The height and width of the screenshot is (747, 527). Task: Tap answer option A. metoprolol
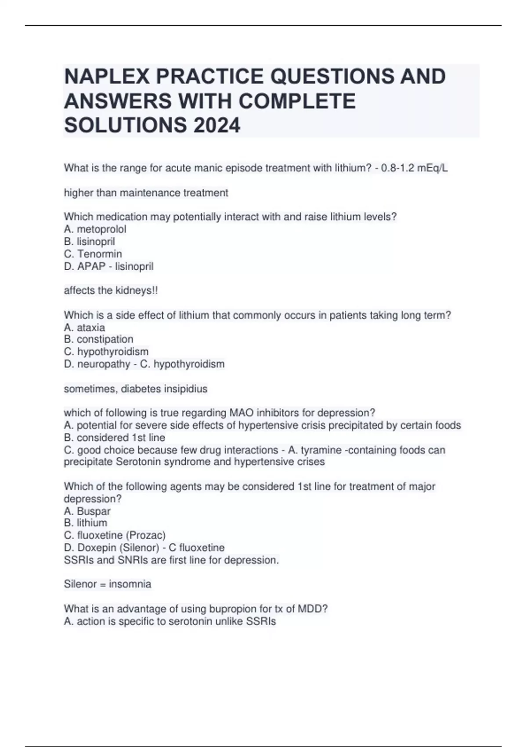point(95,229)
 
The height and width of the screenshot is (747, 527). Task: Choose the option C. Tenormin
point(93,254)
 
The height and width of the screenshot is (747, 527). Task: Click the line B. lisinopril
point(89,241)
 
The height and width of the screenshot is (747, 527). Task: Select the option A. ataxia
point(84,327)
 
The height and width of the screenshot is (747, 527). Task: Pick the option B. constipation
point(98,339)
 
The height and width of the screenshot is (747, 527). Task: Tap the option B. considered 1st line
point(114,438)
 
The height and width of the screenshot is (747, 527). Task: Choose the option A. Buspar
point(87,511)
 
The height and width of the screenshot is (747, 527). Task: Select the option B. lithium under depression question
point(85,523)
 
